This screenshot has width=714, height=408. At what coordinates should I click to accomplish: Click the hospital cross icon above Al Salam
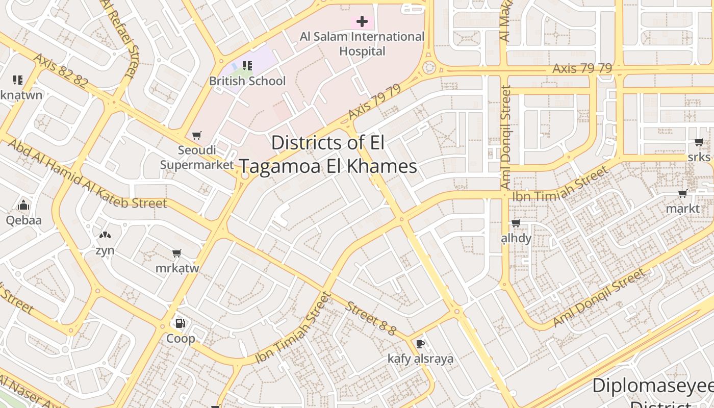click(362, 21)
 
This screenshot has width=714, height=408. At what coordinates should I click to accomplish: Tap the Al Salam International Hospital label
click(362, 44)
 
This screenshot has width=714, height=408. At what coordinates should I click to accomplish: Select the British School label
click(247, 81)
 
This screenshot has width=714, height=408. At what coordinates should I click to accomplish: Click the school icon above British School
click(247, 66)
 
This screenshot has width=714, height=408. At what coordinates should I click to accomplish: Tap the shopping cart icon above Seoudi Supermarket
click(196, 136)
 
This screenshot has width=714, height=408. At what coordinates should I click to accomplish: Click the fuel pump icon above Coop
click(180, 323)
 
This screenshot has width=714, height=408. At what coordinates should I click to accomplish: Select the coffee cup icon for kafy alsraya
click(420, 344)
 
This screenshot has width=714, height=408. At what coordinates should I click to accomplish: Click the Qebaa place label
click(23, 220)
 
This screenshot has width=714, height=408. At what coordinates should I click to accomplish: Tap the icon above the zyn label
click(105, 235)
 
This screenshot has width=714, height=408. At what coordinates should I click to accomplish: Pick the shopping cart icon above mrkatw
click(177, 253)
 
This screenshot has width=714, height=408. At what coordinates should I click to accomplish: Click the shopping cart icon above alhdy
click(516, 223)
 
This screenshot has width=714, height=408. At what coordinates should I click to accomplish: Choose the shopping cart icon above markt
click(683, 194)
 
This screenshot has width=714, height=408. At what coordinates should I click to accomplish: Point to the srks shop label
click(699, 157)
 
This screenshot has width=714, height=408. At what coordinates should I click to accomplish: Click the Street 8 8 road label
click(371, 319)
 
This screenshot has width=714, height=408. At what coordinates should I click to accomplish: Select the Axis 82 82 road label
click(61, 70)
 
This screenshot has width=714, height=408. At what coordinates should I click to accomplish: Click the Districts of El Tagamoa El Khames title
click(328, 155)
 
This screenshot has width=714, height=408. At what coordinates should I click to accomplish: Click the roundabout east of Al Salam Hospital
click(429, 67)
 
